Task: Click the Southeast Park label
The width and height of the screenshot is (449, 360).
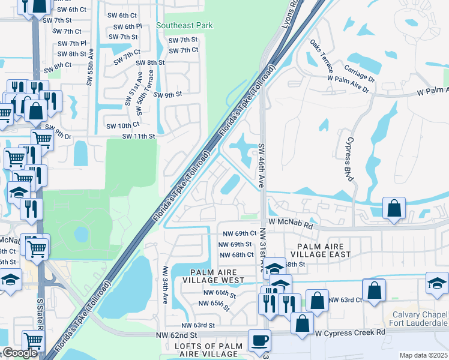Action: pyautogui.click(x=184, y=26)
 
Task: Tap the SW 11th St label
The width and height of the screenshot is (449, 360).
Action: pyautogui.click(x=139, y=136)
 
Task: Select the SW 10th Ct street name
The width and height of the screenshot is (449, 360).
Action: pyautogui.click(x=122, y=125)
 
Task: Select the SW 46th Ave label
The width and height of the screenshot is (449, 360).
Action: pyautogui.click(x=262, y=166)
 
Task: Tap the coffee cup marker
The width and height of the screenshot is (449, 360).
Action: pyautogui.click(x=259, y=341)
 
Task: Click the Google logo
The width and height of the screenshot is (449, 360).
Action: pyautogui.click(x=20, y=353)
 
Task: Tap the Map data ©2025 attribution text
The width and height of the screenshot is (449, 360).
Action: pyautogui.click(x=423, y=355)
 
